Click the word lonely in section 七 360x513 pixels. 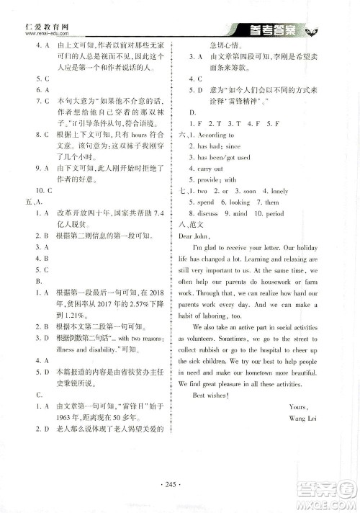(x=279, y=191)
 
